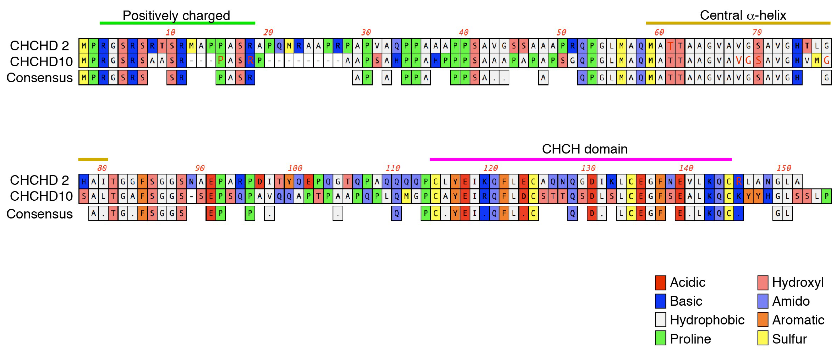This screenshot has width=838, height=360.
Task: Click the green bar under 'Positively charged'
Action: tap(177, 23)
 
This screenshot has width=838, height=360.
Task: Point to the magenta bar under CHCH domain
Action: tap(581, 159)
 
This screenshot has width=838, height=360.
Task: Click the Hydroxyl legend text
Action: tap(798, 283)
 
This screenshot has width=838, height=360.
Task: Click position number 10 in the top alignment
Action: tap(170, 32)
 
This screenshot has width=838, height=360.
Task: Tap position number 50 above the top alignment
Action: tap(561, 32)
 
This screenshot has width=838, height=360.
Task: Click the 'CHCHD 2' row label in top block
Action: tap(39, 46)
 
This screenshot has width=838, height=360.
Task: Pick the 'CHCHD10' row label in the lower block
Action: tap(41, 196)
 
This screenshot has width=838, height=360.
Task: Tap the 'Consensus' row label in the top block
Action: tap(39, 78)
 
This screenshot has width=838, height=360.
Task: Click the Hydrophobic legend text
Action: tap(707, 320)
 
